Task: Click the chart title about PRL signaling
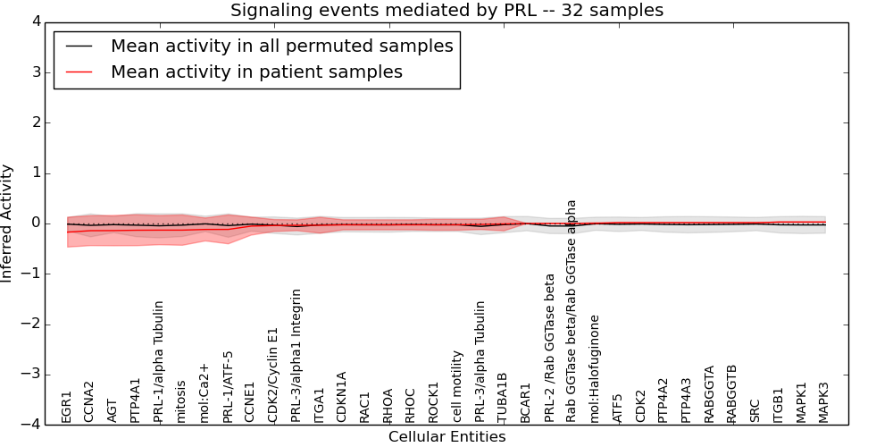click(446, 11)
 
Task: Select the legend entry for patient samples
click(256, 72)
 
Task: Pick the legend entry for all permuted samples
click(281, 46)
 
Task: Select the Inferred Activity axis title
click(8, 223)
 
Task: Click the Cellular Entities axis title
click(446, 437)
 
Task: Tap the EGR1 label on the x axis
click(66, 406)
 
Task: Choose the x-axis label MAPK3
click(823, 402)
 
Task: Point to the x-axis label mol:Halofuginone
click(595, 367)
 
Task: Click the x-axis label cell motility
click(457, 386)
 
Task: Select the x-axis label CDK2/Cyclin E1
click(273, 375)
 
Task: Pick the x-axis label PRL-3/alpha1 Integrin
click(296, 355)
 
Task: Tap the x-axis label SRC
click(755, 410)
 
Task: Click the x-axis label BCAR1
click(525, 403)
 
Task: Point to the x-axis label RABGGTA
click(709, 393)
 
